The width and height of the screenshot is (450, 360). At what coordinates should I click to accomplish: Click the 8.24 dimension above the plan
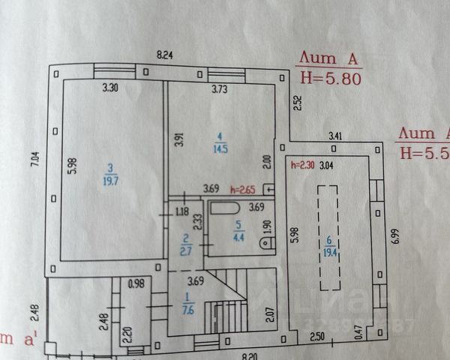pos(165,55)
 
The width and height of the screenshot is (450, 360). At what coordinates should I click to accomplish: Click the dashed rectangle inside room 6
pos(327,238)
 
